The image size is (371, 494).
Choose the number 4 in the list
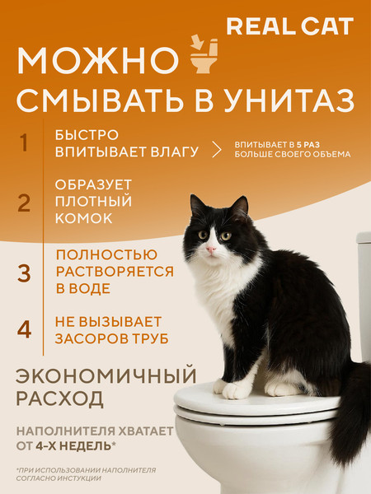[x=25, y=329]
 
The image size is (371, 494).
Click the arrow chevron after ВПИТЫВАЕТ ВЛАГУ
[x=217, y=148]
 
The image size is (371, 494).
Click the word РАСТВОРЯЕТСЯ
[x=115, y=272]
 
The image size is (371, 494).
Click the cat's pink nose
[x=212, y=248]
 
